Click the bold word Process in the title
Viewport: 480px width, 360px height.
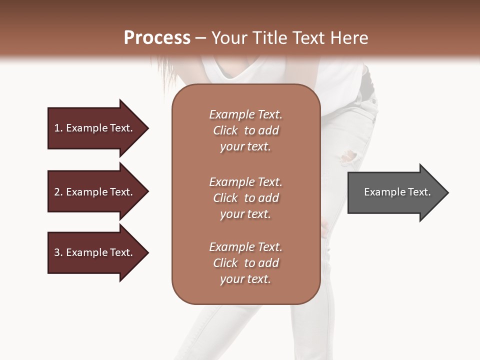pos(157,37)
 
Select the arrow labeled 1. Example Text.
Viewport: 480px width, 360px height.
pos(95,128)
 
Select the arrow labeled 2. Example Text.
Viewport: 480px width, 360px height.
pos(95,192)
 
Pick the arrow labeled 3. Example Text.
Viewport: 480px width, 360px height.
pos(95,252)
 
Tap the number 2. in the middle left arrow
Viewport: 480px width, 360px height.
pos(58,192)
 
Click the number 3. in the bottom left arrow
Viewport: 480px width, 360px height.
pos(58,252)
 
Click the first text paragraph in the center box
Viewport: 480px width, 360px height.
pos(245,130)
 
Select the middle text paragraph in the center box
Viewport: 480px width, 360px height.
pos(245,198)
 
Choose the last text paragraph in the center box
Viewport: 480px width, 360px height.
pos(245,263)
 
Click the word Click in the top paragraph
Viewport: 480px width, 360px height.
pos(225,130)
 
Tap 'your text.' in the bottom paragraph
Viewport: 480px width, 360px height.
pos(245,279)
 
